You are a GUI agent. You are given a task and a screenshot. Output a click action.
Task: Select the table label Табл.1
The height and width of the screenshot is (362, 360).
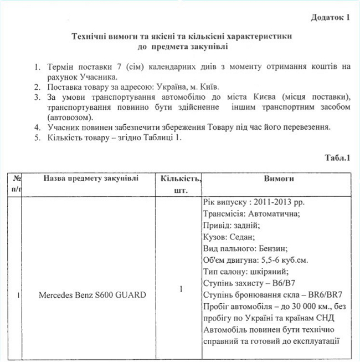(x=337, y=158)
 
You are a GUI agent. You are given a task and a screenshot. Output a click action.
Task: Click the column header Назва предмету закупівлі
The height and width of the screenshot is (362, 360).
(x=91, y=179)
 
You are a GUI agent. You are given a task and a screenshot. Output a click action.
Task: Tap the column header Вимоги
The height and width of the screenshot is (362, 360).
(x=279, y=179)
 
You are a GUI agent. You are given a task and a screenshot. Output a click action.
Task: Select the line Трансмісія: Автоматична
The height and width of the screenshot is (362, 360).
(x=252, y=214)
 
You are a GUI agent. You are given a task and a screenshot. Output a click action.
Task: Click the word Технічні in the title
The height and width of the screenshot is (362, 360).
(x=91, y=36)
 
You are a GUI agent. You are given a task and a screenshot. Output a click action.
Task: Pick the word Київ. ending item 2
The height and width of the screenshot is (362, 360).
(x=209, y=88)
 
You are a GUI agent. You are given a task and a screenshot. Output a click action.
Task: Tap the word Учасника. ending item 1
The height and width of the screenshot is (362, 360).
(x=96, y=77)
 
